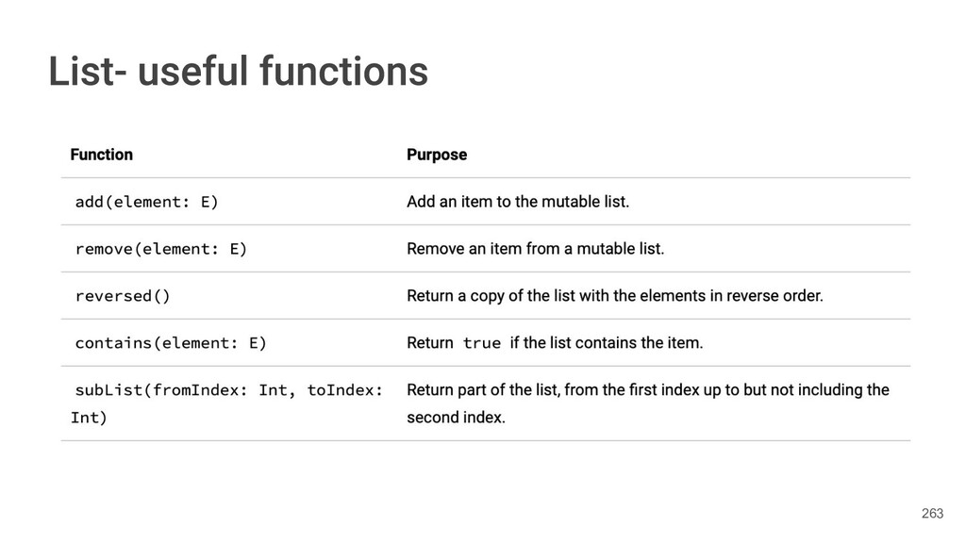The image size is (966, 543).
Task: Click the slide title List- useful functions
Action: click(x=238, y=72)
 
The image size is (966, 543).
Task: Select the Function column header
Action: click(x=101, y=155)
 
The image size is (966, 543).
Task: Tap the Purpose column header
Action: click(x=436, y=155)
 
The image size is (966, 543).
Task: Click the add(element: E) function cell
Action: click(x=146, y=202)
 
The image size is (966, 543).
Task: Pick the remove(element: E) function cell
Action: click(x=160, y=249)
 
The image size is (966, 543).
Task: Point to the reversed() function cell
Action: click(x=123, y=296)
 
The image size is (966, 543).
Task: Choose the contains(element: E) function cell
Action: click(x=171, y=343)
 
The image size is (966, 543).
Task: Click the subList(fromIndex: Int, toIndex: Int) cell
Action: click(x=226, y=403)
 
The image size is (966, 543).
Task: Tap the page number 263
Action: click(x=931, y=513)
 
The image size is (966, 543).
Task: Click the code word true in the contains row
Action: click(x=482, y=343)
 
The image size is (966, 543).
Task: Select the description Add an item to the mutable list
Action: click(x=517, y=202)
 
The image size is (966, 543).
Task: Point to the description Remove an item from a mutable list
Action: click(x=535, y=249)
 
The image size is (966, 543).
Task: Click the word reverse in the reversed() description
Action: click(x=745, y=296)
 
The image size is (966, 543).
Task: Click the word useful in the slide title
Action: click(x=193, y=72)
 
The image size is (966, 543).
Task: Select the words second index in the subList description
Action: click(x=456, y=418)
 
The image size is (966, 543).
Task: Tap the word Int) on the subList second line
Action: click(x=89, y=418)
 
